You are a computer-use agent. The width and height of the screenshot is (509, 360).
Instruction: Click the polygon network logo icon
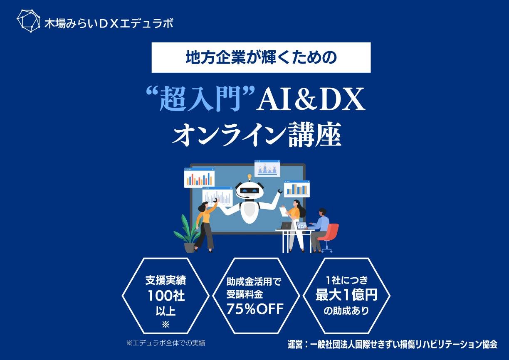[x=28, y=21]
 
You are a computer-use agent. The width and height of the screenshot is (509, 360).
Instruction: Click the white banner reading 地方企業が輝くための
[x=261, y=57]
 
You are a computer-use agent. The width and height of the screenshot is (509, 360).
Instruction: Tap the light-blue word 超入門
[x=200, y=99]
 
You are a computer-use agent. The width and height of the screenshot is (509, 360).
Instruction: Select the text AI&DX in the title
[x=312, y=99]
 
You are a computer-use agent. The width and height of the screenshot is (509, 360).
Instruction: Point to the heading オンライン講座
[x=257, y=134]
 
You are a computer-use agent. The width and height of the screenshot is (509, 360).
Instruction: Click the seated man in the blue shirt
[x=319, y=229]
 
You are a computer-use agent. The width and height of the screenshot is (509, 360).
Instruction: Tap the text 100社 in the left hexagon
[x=166, y=296]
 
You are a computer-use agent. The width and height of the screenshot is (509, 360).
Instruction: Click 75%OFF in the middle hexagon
[x=255, y=309]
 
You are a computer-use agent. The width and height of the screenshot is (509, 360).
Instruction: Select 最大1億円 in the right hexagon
[x=346, y=295]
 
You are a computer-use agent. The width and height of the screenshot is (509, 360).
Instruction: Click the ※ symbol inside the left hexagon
[x=166, y=325]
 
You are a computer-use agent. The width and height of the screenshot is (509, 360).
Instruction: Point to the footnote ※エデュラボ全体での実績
[x=166, y=343]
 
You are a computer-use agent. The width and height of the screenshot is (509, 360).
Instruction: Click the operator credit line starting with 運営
[x=392, y=345]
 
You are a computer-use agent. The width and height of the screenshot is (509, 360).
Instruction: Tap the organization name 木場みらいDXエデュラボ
[x=109, y=23]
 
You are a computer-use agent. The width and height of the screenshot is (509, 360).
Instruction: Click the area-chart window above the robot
[x=267, y=168]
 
